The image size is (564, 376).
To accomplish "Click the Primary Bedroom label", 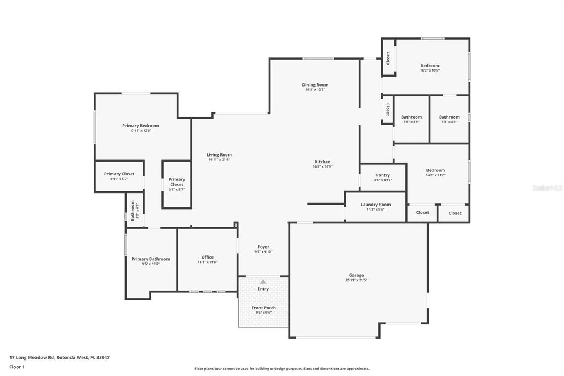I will pos(140,126).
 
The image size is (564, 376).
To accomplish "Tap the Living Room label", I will pos(219,155).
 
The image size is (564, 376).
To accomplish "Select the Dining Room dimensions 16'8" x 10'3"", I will pos(315,90).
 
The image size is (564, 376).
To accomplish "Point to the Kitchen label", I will pos(322,162).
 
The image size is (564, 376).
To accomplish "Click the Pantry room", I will pos(383,177).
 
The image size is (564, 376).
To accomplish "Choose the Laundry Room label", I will pos(376,205).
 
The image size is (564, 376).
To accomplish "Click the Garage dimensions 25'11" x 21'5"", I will pos(356,280).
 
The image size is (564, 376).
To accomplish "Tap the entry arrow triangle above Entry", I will pos(263,282).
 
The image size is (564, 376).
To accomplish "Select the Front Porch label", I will pos(263,308).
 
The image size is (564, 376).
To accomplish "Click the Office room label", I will pos(208,257).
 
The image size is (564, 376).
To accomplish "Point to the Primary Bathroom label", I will pos(150,259).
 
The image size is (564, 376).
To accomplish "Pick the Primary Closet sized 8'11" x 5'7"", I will pos(120,176).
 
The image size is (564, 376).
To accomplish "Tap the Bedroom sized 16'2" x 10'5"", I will pos(430,68).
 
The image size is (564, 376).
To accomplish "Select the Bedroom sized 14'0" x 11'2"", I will pos(435,173).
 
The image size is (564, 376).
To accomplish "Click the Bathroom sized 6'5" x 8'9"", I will pos(411,119).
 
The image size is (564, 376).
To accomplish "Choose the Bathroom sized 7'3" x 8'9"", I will pos(449,119).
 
